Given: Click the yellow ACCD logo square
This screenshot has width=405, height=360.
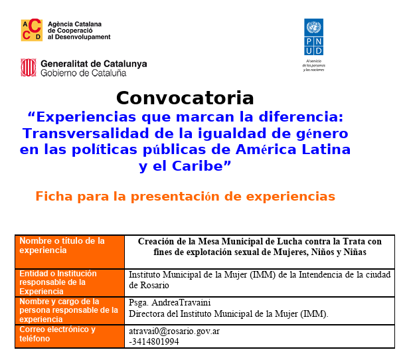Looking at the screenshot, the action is [x=32, y=30].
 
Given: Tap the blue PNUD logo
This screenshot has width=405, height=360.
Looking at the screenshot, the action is [x=313, y=37].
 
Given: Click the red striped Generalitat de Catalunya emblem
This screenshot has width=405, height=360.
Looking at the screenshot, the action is [x=29, y=68].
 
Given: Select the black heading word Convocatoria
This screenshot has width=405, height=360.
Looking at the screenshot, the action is [x=185, y=98].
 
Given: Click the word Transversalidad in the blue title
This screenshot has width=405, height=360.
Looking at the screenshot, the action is [x=86, y=134].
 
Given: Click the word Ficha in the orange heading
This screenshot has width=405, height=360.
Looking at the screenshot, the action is [x=54, y=197].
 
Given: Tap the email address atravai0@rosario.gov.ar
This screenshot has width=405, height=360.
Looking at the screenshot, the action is [x=175, y=331].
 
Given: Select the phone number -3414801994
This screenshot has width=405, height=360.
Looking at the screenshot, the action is [x=154, y=341].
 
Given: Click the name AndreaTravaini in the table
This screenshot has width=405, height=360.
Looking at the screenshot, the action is [x=181, y=302].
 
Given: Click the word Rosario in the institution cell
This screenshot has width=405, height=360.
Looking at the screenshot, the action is [x=155, y=286].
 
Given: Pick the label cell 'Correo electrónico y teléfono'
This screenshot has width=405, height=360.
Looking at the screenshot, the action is [x=70, y=337].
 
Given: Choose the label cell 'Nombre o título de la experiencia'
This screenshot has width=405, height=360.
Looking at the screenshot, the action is [x=70, y=252].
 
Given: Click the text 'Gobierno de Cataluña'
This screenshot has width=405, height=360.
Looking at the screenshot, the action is [x=84, y=73].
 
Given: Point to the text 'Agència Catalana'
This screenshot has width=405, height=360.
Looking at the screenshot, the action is [x=74, y=24].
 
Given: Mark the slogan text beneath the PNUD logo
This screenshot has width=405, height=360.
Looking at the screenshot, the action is [x=313, y=65].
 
